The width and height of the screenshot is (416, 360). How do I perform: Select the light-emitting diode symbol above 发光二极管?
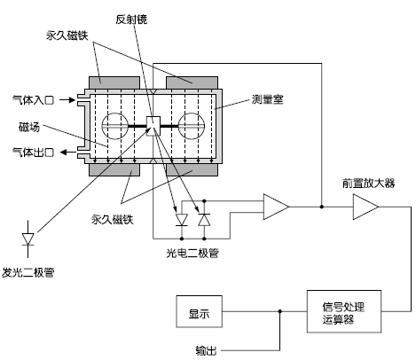click(x=27, y=239)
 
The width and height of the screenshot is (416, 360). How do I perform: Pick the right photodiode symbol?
click(x=205, y=217)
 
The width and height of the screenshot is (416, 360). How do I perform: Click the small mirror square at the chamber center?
click(x=153, y=127)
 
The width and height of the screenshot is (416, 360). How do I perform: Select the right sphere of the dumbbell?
click(x=192, y=128)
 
